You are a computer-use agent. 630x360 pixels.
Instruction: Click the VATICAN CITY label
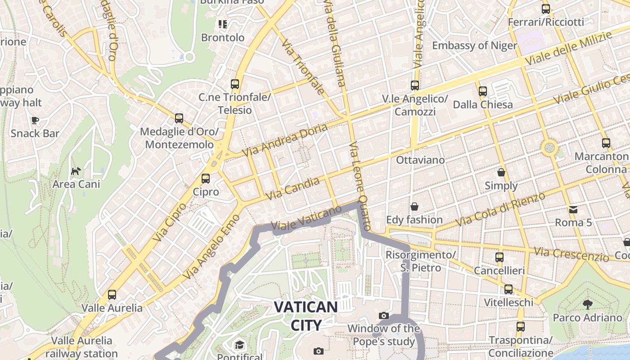[306, 316]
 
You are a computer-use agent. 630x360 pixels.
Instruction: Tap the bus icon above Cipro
[206, 179]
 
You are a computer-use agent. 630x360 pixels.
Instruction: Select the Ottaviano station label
[420, 160]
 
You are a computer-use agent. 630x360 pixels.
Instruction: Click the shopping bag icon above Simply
[501, 172]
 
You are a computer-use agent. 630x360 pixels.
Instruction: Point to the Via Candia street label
[293, 189]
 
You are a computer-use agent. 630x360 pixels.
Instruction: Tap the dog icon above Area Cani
[76, 171]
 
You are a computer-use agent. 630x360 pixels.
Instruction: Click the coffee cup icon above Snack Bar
[35, 120]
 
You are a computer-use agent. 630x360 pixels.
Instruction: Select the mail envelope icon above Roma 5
[573, 209]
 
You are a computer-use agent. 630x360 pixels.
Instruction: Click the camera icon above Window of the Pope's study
[383, 315]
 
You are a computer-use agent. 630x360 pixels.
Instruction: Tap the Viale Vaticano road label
[306, 219]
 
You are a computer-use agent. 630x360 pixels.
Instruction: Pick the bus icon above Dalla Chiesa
[483, 91]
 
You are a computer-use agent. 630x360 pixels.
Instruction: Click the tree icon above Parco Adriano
[587, 304]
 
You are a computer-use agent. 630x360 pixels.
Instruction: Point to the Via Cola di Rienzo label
[500, 210]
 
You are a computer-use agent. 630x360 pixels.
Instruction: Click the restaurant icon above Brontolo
[223, 24]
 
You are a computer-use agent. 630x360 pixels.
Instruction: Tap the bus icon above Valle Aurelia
[112, 295]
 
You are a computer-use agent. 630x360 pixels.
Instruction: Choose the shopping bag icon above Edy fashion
[414, 207]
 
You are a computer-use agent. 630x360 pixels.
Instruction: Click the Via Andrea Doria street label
[285, 140]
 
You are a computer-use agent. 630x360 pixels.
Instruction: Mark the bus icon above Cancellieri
[499, 257]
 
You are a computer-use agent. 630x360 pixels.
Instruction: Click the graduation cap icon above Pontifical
[239, 345]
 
